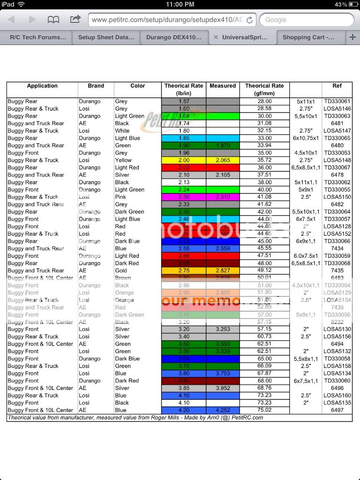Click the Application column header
tap(42, 86)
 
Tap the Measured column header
tap(223, 86)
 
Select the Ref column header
tap(337, 86)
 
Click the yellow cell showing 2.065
tap(223, 160)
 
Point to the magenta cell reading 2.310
tap(223, 197)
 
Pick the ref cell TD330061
tap(337, 101)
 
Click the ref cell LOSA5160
tap(337, 396)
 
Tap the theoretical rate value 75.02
tap(264, 410)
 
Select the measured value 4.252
tap(223, 410)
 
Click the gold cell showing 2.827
tap(223, 270)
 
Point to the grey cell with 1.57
tap(184, 101)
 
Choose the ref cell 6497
tap(337, 410)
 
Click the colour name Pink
tap(121, 197)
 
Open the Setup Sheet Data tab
tap(106, 37)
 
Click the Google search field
tap(307, 20)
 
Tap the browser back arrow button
tap(11, 20)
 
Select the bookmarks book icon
tap(53, 20)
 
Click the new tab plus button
tap(352, 37)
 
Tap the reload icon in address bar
tap(250, 20)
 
